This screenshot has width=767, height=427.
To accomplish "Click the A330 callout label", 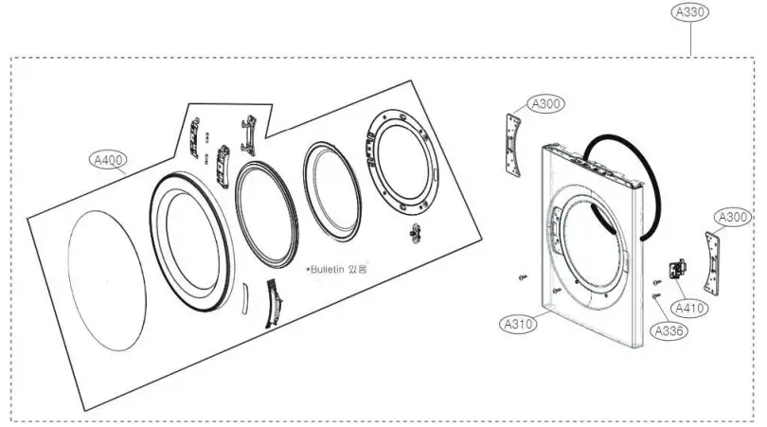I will (x=691, y=12).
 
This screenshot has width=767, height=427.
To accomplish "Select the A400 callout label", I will (x=110, y=160).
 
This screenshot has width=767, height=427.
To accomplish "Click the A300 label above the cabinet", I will (x=547, y=104).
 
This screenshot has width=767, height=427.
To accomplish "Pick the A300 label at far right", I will (x=734, y=218).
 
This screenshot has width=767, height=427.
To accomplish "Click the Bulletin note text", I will (x=336, y=270).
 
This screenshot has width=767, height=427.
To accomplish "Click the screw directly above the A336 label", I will (x=656, y=296).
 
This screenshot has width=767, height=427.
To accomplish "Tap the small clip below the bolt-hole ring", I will (x=414, y=233).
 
